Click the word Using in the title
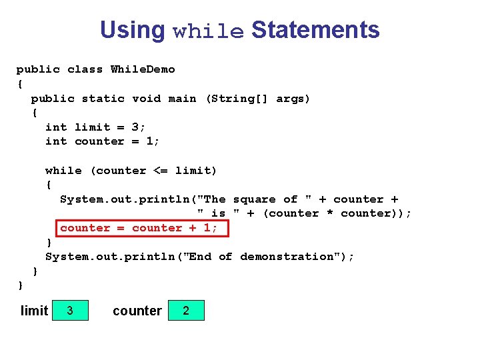[x=132, y=30]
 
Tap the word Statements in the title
[x=315, y=30]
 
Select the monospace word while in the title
[x=208, y=31]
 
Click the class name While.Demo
[x=143, y=69]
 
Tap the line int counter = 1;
[x=103, y=141]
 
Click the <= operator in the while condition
[x=161, y=171]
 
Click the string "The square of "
[x=257, y=199]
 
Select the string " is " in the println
[x=218, y=213]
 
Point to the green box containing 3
[x=70, y=311]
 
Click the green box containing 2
[x=186, y=311]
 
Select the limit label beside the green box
[x=35, y=311]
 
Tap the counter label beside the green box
[x=137, y=311]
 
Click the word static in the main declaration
[x=103, y=99]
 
